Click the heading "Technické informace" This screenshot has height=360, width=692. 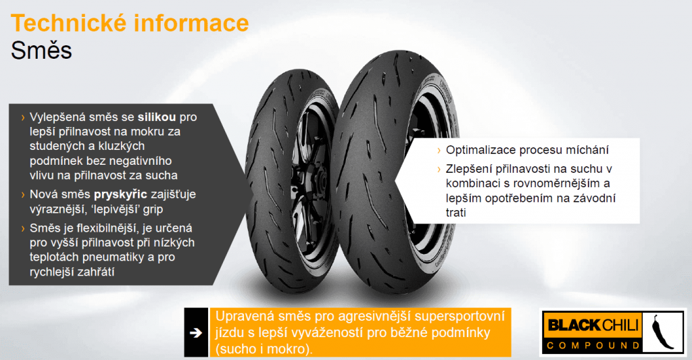pyautogui.click(x=130, y=23)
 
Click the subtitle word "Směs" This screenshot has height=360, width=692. pyautogui.click(x=42, y=51)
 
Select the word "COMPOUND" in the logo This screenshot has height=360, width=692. pyautogui.click(x=594, y=345)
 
